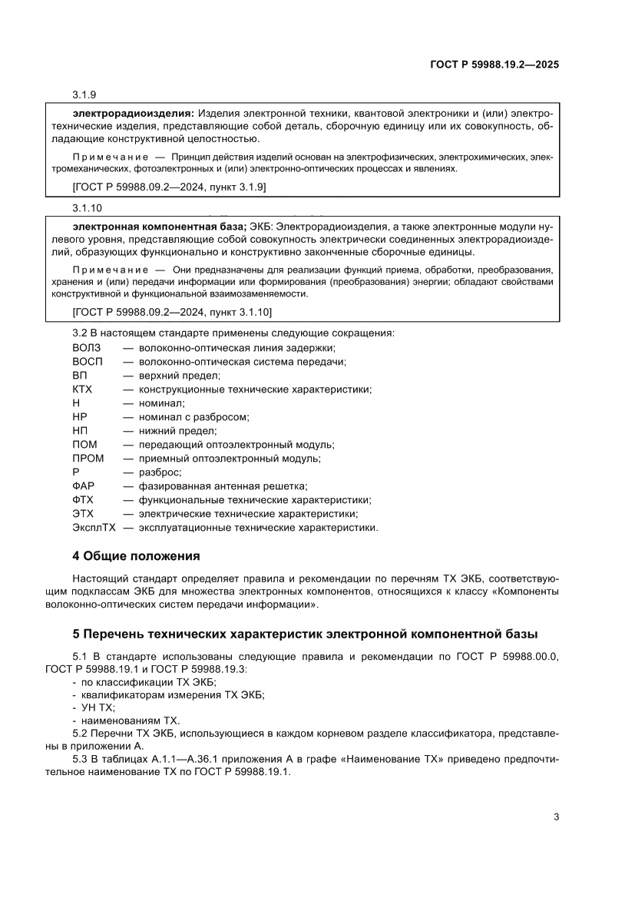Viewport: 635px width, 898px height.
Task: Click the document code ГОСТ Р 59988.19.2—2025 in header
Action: click(494, 65)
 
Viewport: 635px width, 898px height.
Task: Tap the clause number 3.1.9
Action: click(84, 95)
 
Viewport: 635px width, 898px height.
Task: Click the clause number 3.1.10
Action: click(87, 208)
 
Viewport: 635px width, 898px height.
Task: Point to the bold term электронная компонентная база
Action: click(157, 226)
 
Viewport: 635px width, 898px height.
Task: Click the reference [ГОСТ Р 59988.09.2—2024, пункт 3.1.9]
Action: click(169, 187)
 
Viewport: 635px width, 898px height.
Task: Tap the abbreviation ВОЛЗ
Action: click(86, 348)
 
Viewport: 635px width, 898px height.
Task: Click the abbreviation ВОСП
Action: click(87, 362)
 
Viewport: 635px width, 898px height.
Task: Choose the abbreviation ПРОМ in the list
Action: click(88, 459)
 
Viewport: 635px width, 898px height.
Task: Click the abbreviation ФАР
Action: click(83, 486)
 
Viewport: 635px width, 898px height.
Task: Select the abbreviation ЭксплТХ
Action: click(94, 528)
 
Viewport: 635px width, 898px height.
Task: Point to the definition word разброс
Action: click(159, 472)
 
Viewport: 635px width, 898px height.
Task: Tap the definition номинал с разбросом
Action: click(193, 417)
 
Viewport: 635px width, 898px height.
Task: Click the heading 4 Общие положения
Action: click(136, 556)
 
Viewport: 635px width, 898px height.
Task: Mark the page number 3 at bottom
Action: click(556, 817)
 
